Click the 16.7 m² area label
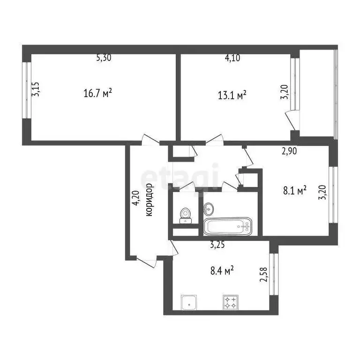[x=97, y=93]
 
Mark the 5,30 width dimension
[x=104, y=58]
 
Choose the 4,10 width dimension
[x=233, y=58]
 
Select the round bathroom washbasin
[x=208, y=207]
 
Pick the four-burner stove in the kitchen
[x=231, y=302]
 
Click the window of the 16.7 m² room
[x=27, y=90]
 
